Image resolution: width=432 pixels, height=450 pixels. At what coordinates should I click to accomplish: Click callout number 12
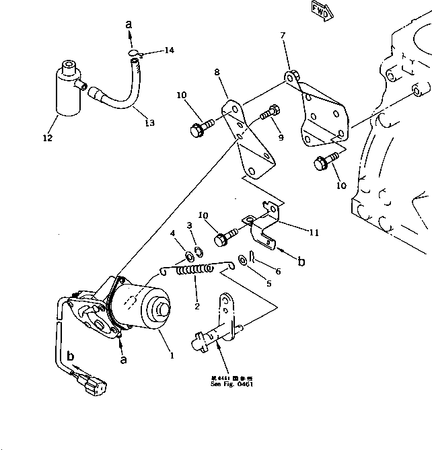[46, 139]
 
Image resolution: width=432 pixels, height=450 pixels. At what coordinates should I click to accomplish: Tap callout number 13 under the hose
[149, 122]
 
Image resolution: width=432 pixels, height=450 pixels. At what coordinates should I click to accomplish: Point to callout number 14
[168, 50]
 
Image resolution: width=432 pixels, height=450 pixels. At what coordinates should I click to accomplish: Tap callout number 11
[314, 233]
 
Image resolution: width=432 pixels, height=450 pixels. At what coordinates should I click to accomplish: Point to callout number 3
[189, 225]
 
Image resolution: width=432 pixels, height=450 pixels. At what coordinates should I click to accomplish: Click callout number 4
[172, 234]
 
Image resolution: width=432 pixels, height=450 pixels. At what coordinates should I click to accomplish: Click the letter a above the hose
[129, 25]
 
